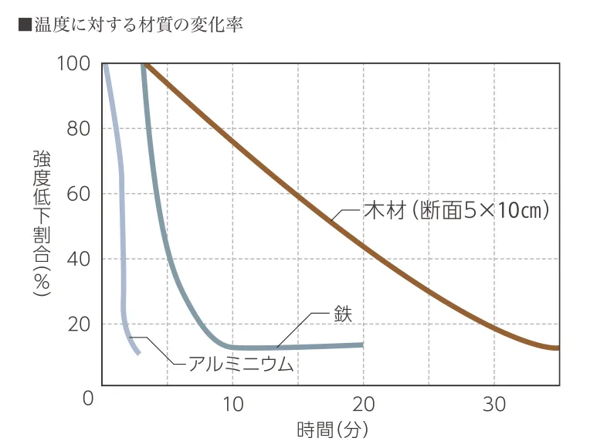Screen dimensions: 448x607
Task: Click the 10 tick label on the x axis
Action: tap(232, 403)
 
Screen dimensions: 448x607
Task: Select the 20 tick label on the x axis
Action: tap(363, 403)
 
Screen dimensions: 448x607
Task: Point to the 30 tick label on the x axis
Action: tap(494, 403)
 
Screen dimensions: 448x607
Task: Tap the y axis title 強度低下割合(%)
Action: tap(41, 224)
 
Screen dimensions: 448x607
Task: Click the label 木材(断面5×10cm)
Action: tap(456, 209)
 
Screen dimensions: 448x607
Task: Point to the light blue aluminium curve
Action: tap(122, 232)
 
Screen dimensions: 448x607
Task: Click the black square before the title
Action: tap(24, 25)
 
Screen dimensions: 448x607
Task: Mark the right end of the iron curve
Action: tap(362, 344)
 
